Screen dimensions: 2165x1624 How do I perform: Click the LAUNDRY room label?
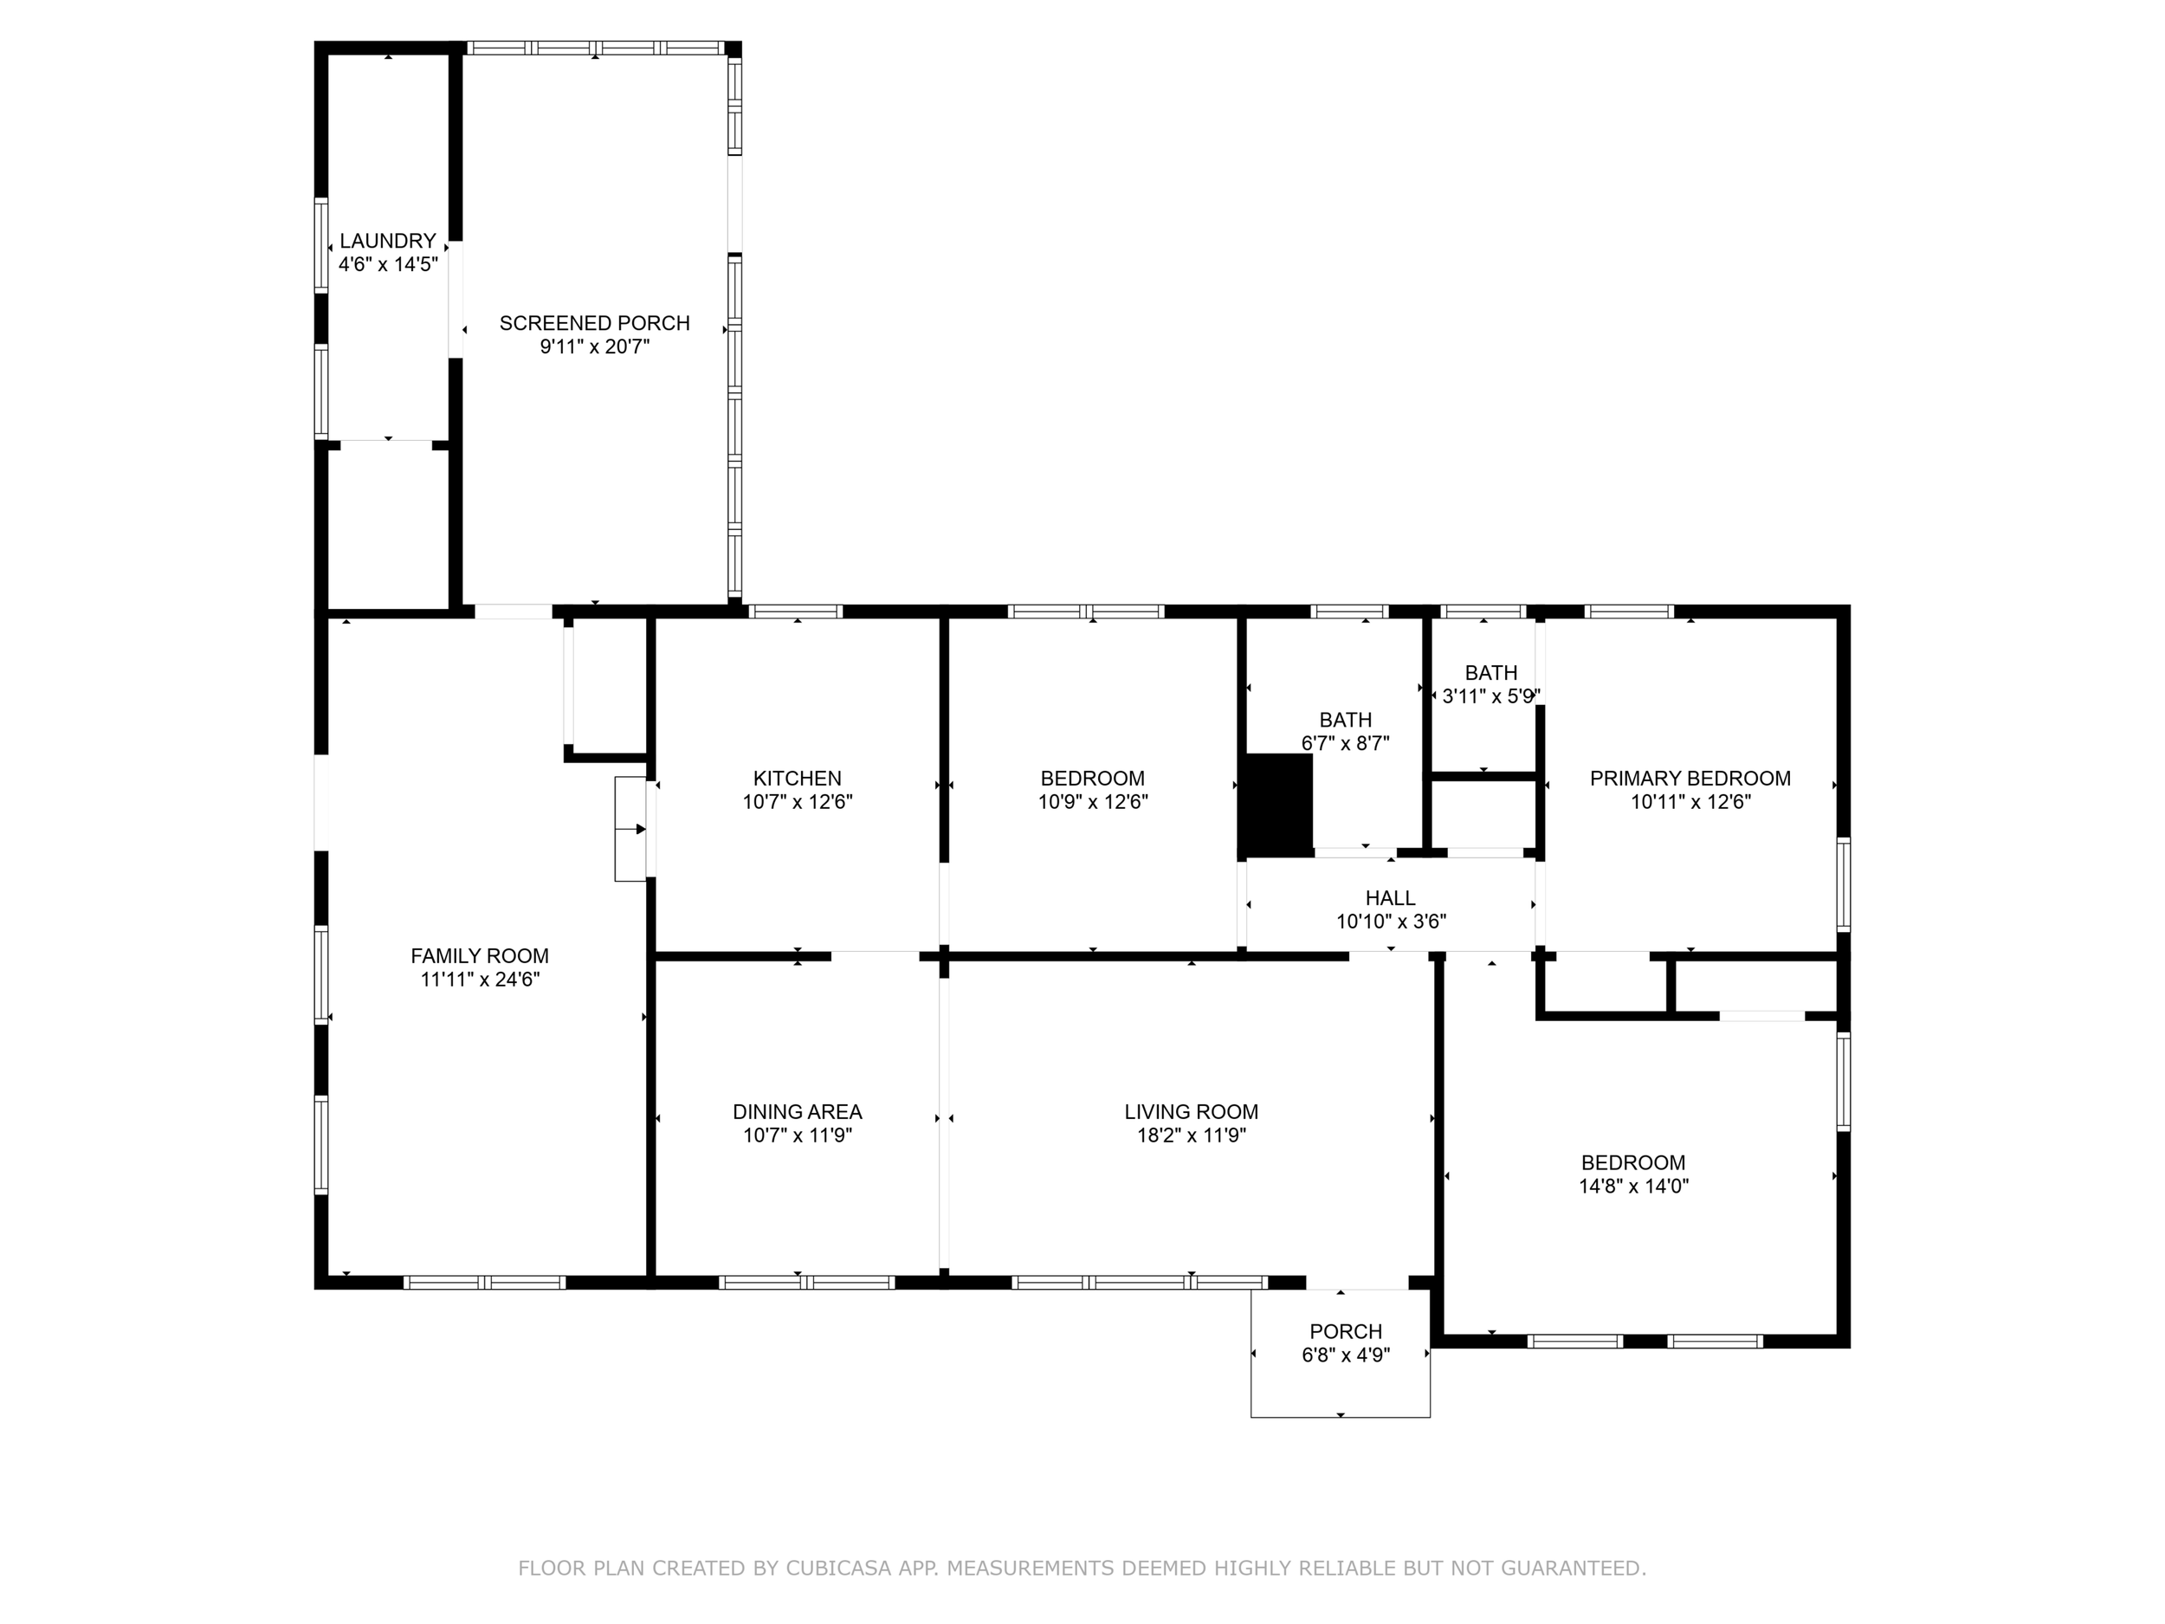(388, 241)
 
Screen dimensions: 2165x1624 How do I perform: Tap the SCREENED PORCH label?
(595, 323)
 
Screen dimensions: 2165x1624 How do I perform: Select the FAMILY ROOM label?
(480, 955)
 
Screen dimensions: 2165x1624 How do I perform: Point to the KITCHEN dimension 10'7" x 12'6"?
(798, 802)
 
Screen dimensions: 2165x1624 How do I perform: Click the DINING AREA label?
(798, 1112)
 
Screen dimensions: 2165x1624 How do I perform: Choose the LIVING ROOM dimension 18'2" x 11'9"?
(1191, 1136)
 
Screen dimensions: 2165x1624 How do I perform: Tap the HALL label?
(1391, 897)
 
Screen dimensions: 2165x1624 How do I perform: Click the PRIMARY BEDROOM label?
(1690, 779)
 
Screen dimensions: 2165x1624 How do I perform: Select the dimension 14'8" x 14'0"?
(1633, 1187)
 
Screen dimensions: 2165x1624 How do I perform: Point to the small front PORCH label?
(1346, 1331)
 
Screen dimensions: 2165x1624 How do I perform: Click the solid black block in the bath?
(1276, 805)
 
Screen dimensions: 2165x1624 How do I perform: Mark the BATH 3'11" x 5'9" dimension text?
(1491, 696)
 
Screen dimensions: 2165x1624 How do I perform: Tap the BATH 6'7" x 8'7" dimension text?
(1346, 743)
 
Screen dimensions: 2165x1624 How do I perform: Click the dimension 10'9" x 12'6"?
(1093, 802)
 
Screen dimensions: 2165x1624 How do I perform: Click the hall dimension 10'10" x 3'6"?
(1391, 922)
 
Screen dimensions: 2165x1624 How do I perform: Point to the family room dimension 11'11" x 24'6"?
(480, 979)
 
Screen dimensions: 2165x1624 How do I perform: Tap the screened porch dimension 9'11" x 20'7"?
(595, 346)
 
